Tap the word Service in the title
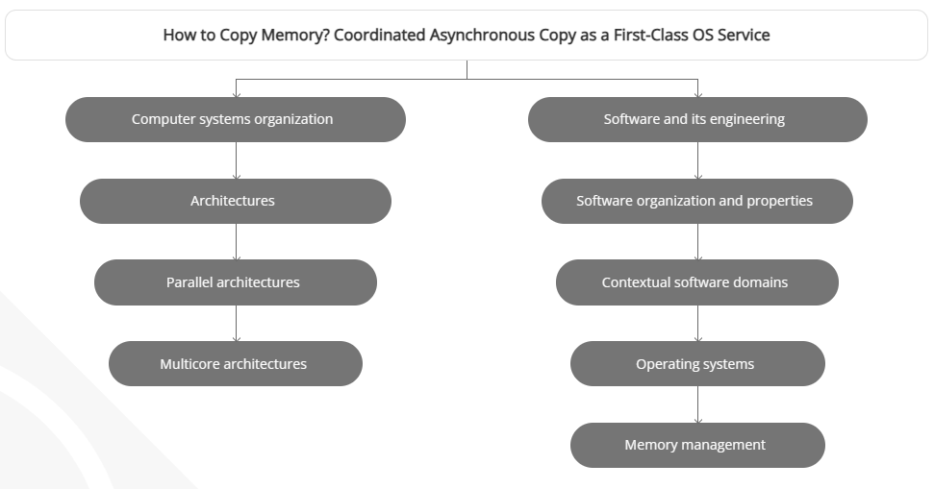tap(744, 36)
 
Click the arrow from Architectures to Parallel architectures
tap(236, 242)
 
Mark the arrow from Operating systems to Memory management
tap(697, 405)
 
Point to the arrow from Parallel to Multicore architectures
tap(236, 324)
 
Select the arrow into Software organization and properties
tap(697, 161)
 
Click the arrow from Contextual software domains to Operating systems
tap(697, 324)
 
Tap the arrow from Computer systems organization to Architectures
tap(236, 161)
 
